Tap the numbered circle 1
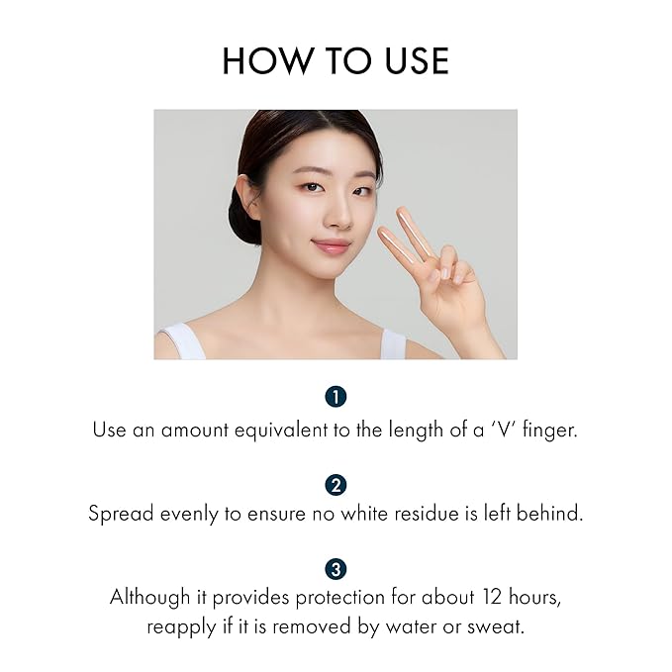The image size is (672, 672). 336,397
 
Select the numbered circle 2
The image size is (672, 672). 336,484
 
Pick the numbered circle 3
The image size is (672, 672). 336,569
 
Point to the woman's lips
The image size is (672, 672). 330,245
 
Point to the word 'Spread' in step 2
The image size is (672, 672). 118,515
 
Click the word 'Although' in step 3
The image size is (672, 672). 147,598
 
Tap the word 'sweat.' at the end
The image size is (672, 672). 497,626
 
